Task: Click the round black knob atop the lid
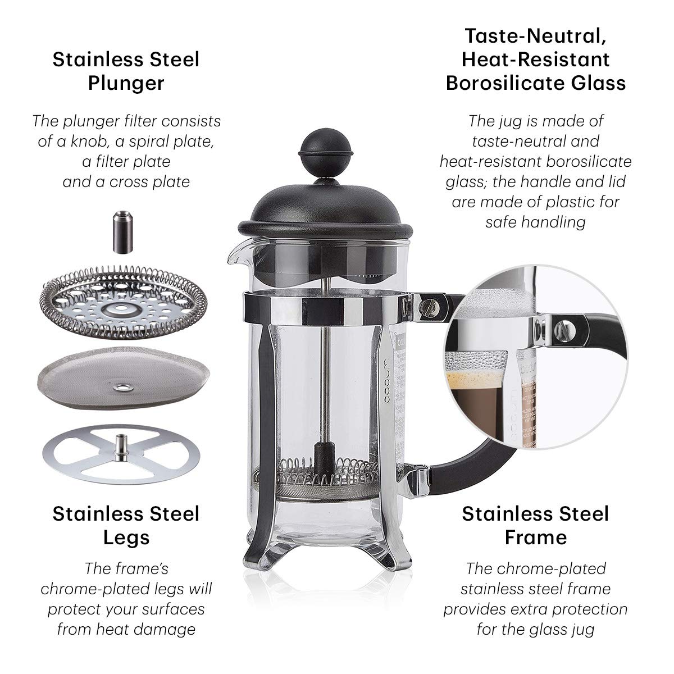[326, 153]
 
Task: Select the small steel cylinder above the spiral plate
[122, 232]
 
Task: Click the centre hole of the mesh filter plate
[122, 387]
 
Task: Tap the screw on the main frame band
[429, 307]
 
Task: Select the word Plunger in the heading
[126, 83]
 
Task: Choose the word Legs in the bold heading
[126, 538]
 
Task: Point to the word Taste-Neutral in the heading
[535, 37]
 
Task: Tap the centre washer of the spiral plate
[121, 308]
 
